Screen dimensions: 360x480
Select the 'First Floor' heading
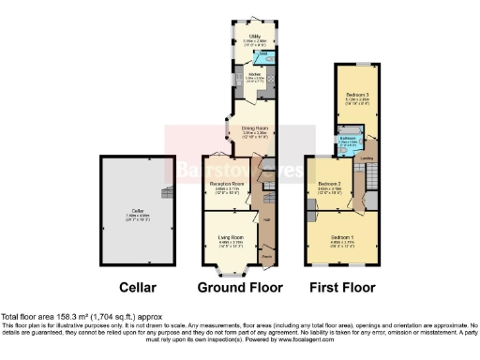pos(343,287)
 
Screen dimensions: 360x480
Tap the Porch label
pos(267,254)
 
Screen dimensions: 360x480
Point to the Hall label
pos(267,219)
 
